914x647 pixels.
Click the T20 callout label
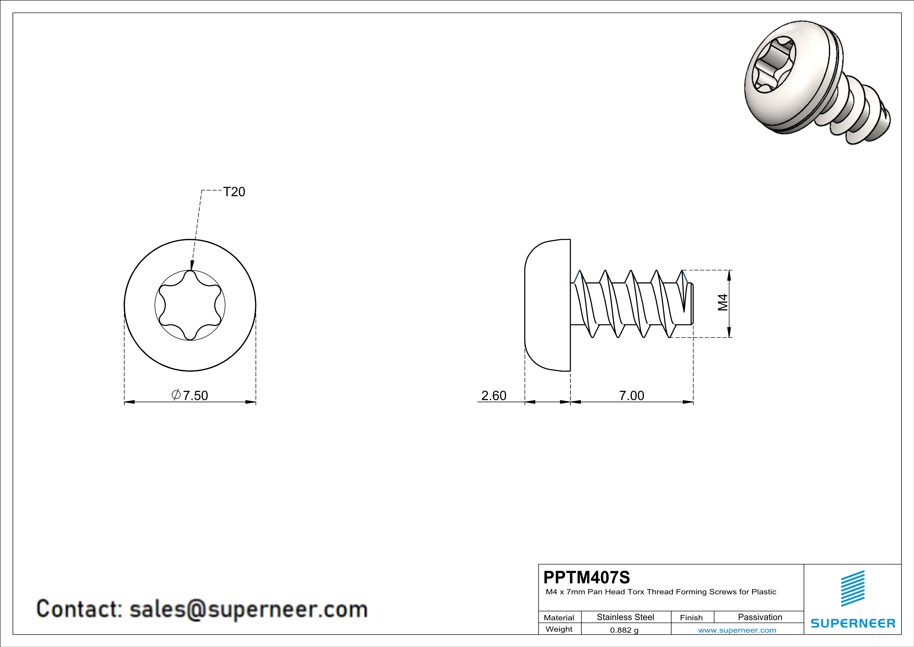click(234, 192)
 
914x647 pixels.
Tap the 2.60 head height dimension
click(494, 396)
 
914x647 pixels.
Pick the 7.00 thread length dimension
click(631, 396)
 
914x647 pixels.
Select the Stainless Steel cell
click(625, 617)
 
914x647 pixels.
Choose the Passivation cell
click(759, 617)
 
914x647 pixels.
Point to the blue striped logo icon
click(853, 589)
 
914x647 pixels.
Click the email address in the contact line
click(248, 609)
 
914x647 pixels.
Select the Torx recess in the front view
click(190, 305)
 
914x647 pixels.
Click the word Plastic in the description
click(764, 592)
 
